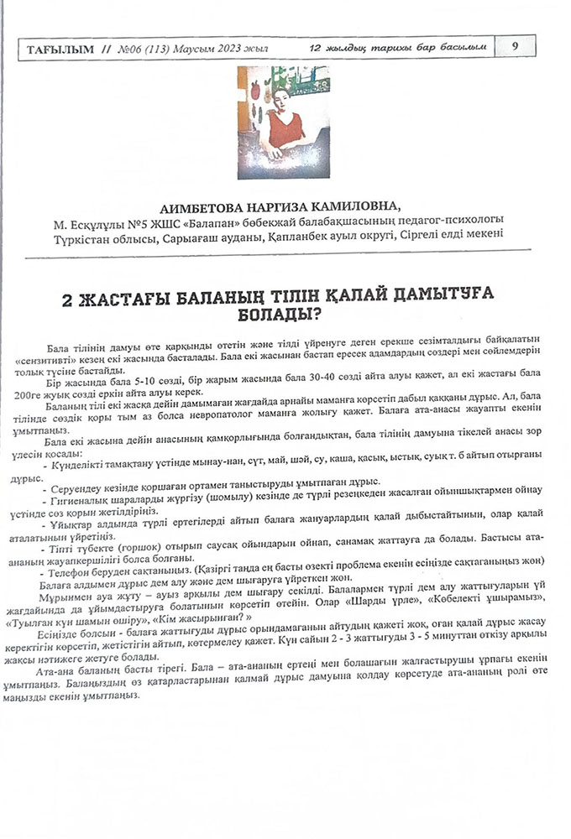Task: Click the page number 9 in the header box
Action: click(515, 47)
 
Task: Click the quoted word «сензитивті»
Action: click(84, 357)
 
